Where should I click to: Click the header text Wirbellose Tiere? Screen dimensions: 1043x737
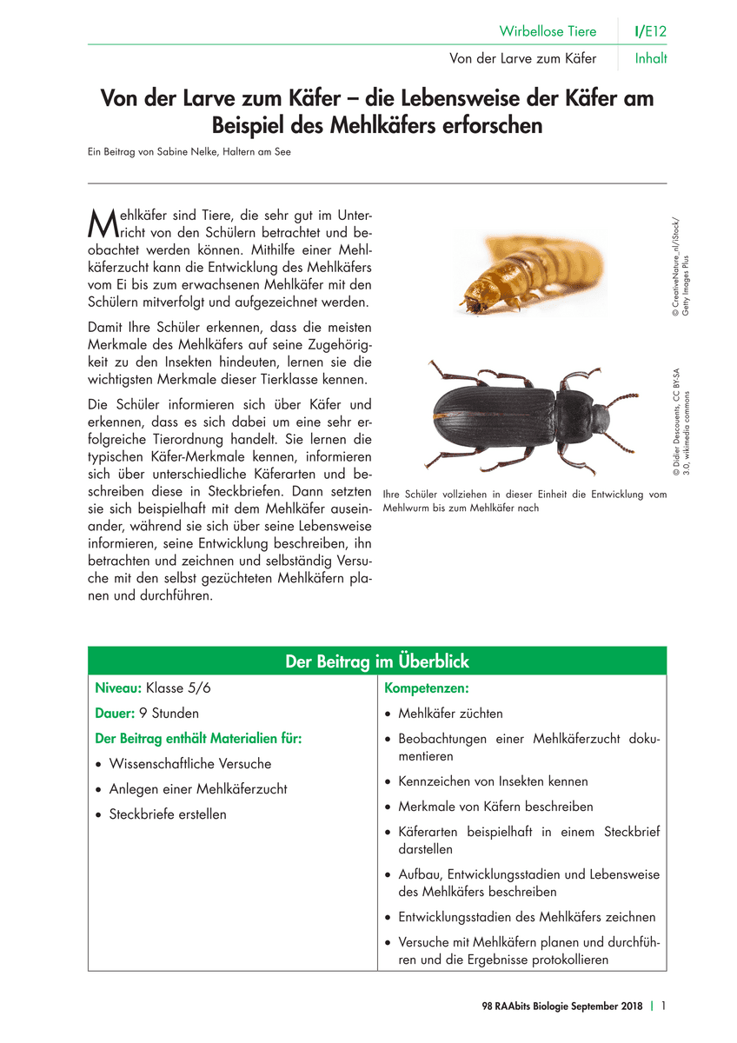548,31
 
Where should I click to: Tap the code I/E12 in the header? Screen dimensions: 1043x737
650,31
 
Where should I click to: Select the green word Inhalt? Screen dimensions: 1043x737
651,59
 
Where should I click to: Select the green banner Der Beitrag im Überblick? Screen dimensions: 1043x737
377,661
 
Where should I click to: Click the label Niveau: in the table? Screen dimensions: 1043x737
118,688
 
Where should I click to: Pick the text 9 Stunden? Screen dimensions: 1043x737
164,714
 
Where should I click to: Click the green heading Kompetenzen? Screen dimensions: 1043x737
426,688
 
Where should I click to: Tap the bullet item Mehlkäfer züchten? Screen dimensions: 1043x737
450,714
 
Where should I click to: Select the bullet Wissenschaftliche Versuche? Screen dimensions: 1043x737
189,764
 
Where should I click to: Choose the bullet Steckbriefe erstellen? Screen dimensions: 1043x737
167,814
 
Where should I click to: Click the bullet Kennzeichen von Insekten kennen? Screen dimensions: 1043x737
493,781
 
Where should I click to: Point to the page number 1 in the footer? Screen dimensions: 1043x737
663,1006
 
